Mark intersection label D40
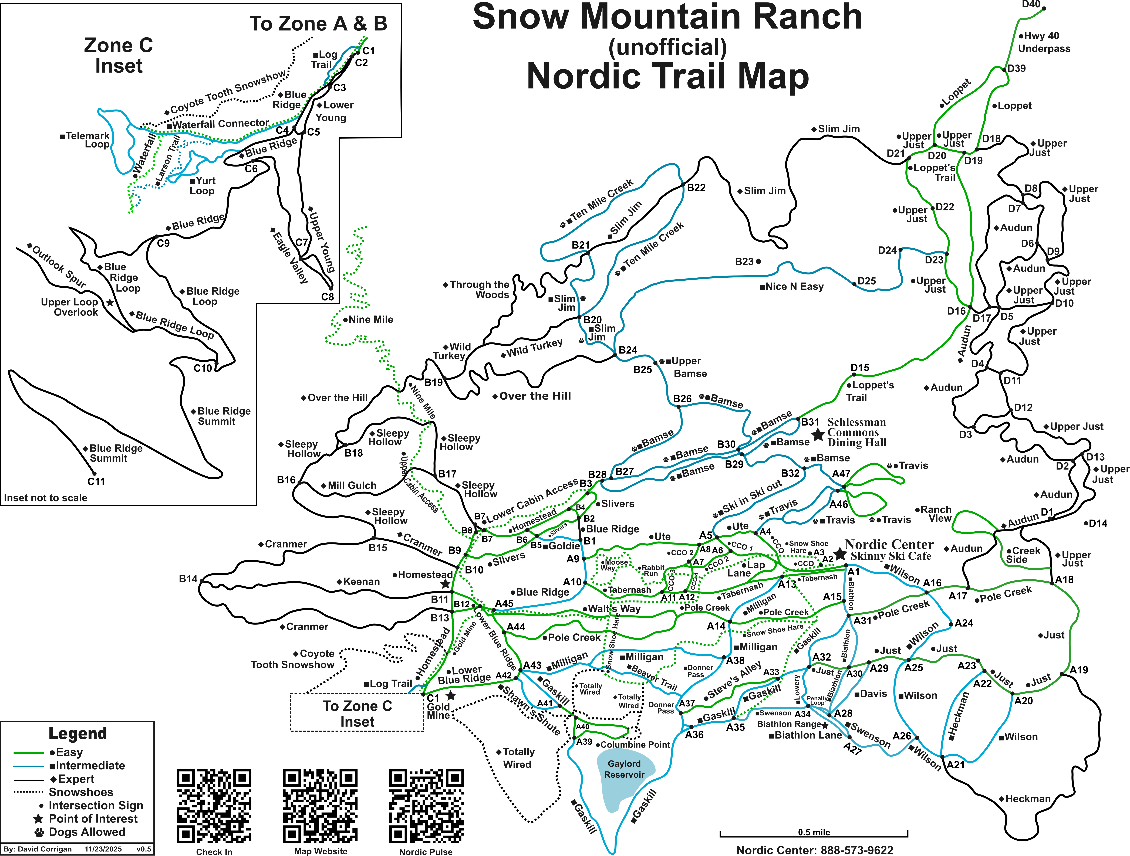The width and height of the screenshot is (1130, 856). [x=1031, y=5]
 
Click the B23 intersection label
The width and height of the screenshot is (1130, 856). [x=744, y=261]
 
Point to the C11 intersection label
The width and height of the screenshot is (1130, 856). [x=96, y=481]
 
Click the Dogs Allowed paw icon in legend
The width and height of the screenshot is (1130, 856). [x=39, y=832]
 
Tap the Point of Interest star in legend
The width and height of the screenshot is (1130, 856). [x=38, y=819]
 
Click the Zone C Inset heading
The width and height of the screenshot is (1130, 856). [x=119, y=56]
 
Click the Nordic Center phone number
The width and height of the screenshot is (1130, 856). [x=815, y=850]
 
